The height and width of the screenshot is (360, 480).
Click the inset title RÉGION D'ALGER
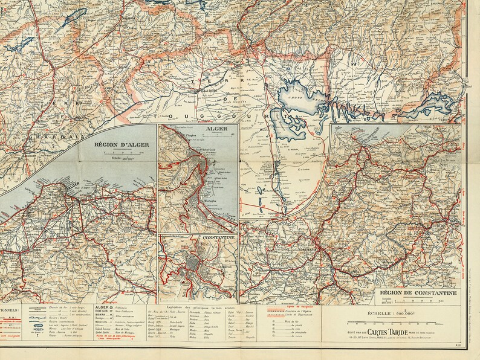pyautogui.click(x=117, y=146)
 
